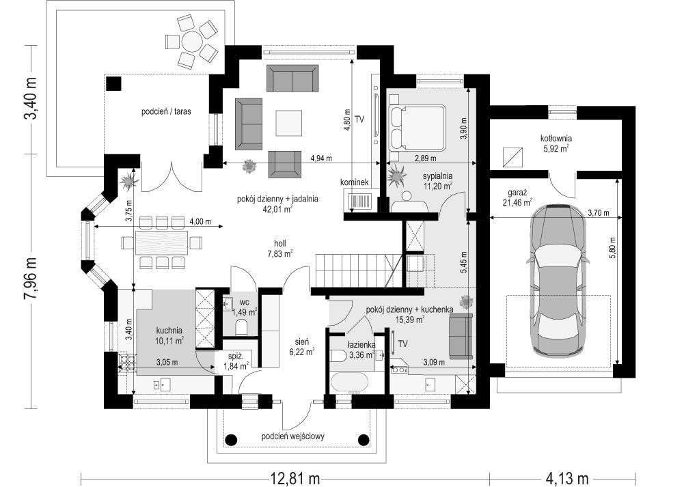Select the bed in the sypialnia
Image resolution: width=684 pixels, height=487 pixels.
click(x=416, y=126)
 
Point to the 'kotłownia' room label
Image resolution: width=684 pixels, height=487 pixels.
click(x=556, y=139)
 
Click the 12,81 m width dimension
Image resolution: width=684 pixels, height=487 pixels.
click(x=295, y=478)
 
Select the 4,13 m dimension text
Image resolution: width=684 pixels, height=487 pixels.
click(x=567, y=478)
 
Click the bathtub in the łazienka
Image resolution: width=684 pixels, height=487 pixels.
click(x=351, y=382)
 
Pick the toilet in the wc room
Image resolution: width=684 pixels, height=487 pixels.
click(x=241, y=326)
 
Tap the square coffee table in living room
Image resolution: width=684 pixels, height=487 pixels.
click(x=288, y=124)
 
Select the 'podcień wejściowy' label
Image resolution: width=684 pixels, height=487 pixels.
click(x=292, y=436)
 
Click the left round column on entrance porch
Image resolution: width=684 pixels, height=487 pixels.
click(x=231, y=439)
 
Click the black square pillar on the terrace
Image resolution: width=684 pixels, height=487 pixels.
click(x=114, y=83)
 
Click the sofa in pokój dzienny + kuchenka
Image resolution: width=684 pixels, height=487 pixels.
click(x=461, y=336)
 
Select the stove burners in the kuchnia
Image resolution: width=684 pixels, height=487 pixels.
click(x=127, y=363)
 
